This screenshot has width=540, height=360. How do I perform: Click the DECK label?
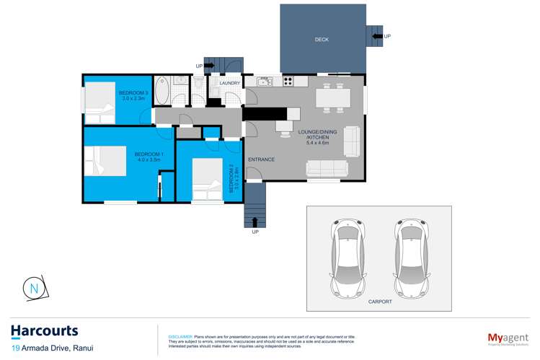coord(322,40)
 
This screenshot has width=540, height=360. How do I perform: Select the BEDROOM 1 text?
coord(149,154)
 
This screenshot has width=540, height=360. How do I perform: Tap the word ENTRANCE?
coord(261,159)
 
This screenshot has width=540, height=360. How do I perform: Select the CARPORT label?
coord(379,302)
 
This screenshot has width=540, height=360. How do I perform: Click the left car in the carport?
coord(348,256)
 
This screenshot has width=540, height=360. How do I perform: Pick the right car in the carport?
coord(411,256)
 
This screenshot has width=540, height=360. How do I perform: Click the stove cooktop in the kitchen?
coord(288,80)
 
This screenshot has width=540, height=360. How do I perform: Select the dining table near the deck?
coord(333,96)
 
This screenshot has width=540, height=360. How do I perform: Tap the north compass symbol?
coord(35,289)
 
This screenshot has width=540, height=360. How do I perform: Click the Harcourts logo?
coord(45,331)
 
